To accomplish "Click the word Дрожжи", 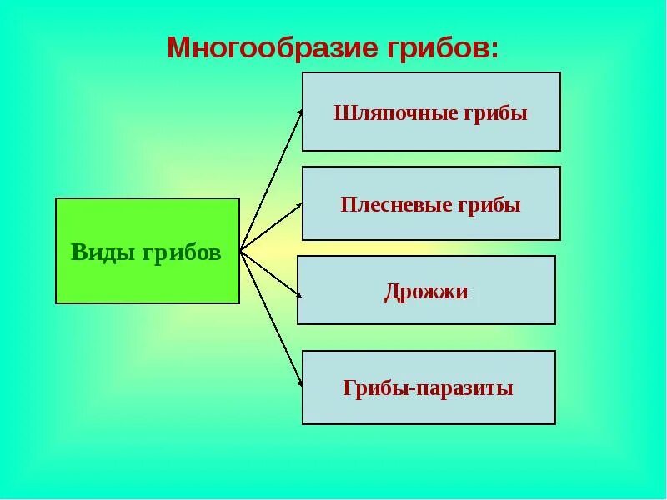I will point(426,292).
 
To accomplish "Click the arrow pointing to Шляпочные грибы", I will point(273,178).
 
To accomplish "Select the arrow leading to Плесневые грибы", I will point(271,226).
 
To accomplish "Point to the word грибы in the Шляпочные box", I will point(501,113).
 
